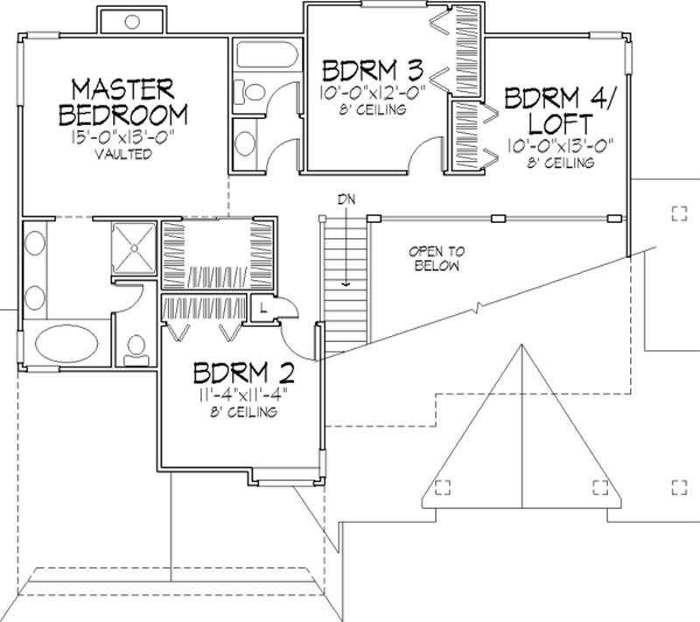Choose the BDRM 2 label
[x=243, y=374]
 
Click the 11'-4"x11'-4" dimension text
[x=243, y=395]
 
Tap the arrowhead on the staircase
[x=346, y=283]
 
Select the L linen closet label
[x=263, y=306]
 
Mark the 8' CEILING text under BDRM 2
[x=243, y=412]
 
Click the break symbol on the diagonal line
[x=478, y=308]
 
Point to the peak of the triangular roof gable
[x=522, y=342]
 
